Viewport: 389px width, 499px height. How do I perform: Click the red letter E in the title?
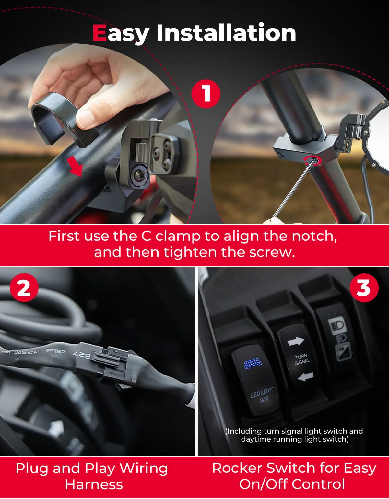point(100,33)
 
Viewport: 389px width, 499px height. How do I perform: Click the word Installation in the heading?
point(226,33)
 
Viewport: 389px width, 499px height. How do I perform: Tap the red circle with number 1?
point(206,94)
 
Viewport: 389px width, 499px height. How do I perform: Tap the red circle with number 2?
point(24,288)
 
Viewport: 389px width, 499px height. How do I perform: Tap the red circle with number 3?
point(364,288)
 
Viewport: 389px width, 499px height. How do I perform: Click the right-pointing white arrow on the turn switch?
point(296,342)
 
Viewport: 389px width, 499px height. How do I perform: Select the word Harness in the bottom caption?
point(94,485)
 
